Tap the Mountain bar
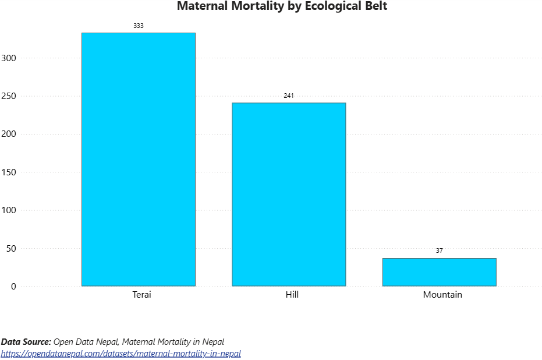(439, 272)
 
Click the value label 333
(139, 26)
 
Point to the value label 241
(289, 96)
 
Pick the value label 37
(439, 250)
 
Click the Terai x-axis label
(141, 295)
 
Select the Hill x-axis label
(292, 295)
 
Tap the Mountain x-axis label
(442, 295)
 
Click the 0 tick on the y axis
(13, 287)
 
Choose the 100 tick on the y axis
(9, 210)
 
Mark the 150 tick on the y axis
(9, 172)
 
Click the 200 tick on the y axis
(9, 134)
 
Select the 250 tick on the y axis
(9, 96)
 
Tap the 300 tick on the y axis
(9, 58)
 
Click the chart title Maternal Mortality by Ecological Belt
(282, 6)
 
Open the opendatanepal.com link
(121, 354)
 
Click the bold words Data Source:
(26, 342)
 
